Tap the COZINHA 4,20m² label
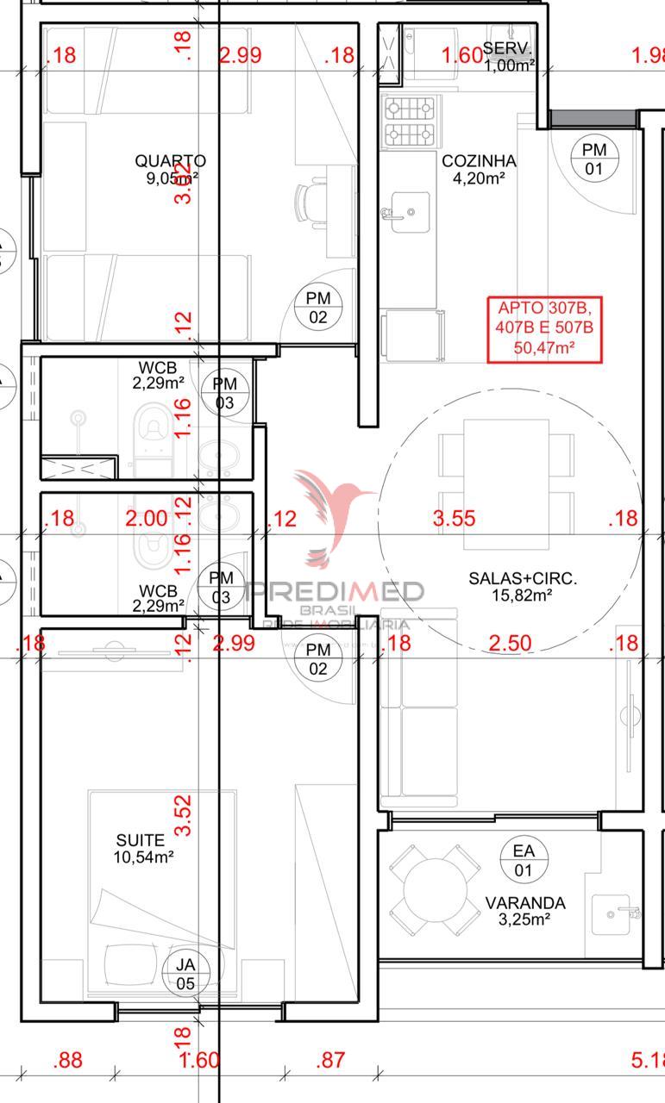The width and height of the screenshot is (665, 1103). tap(479, 169)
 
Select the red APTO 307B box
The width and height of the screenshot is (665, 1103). tap(545, 328)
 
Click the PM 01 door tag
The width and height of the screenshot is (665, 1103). tap(593, 159)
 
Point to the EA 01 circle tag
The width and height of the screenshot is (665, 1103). tap(523, 859)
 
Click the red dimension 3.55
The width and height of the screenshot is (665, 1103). tap(454, 518)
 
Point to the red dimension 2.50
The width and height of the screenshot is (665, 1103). tap(510, 644)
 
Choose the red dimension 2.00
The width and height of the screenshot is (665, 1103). tap(147, 518)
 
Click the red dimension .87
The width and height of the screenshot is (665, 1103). tap(330, 1060)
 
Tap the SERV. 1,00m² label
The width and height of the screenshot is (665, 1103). tap(509, 56)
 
